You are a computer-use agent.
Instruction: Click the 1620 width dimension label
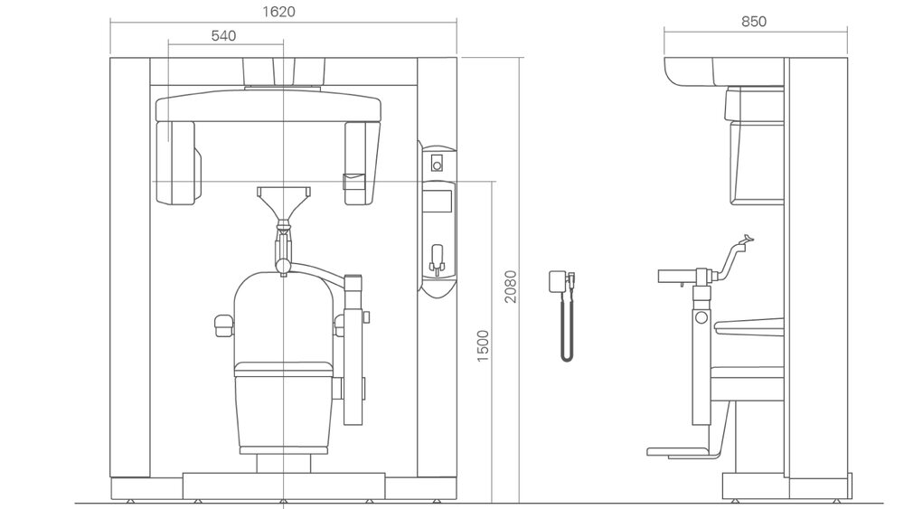click(x=278, y=12)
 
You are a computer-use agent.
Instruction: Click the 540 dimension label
click(x=223, y=36)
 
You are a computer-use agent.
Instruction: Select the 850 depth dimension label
click(x=754, y=22)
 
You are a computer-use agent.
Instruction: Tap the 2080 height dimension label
click(x=511, y=287)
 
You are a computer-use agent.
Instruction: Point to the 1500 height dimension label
click(x=483, y=346)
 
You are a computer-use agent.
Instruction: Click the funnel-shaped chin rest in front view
click(x=284, y=203)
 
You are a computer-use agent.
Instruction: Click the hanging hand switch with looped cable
click(x=563, y=315)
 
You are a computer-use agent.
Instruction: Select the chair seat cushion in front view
click(x=284, y=369)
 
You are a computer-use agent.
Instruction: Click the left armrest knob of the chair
click(x=223, y=325)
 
